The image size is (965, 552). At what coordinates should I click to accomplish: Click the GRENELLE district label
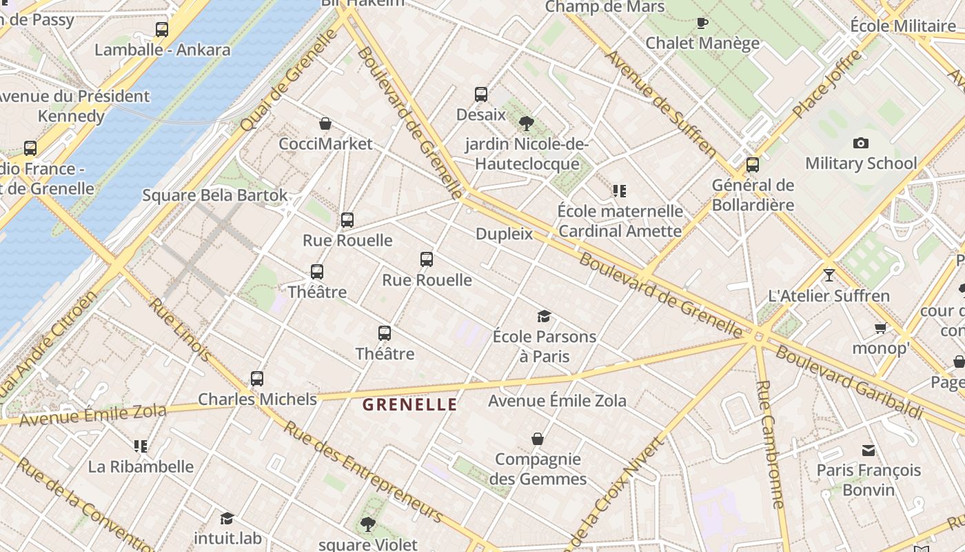pyautogui.click(x=409, y=404)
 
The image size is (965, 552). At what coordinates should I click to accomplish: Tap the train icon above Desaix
pyautogui.click(x=481, y=95)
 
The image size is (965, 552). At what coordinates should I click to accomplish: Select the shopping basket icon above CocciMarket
pyautogui.click(x=325, y=124)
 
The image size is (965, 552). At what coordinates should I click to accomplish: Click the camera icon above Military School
pyautogui.click(x=860, y=144)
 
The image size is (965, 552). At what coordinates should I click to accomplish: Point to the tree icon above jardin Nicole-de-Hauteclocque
pyautogui.click(x=526, y=124)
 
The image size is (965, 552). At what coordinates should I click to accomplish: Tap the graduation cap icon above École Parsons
pyautogui.click(x=544, y=317)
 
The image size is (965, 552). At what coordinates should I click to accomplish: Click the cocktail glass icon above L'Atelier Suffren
pyautogui.click(x=829, y=275)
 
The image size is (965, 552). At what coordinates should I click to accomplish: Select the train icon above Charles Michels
pyautogui.click(x=257, y=379)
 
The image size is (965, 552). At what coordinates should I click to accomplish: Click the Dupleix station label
pyautogui.click(x=505, y=234)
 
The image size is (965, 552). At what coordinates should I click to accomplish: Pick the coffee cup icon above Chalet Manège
pyautogui.click(x=702, y=23)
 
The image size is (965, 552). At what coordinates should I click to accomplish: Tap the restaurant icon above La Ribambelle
pyautogui.click(x=141, y=446)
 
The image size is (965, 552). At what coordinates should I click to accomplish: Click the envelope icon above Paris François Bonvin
pyautogui.click(x=868, y=451)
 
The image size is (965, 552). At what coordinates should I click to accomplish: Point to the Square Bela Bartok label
pyautogui.click(x=215, y=195)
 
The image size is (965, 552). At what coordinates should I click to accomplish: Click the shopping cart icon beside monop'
pyautogui.click(x=880, y=328)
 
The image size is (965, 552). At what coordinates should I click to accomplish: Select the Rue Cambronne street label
pyautogui.click(x=771, y=444)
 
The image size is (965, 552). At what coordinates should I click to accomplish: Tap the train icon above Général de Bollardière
pyautogui.click(x=753, y=165)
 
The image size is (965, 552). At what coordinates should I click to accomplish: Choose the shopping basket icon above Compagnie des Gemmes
pyautogui.click(x=538, y=439)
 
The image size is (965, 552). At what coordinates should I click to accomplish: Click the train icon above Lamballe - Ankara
pyautogui.click(x=162, y=30)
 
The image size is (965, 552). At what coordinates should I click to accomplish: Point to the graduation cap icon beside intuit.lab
pyautogui.click(x=227, y=518)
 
